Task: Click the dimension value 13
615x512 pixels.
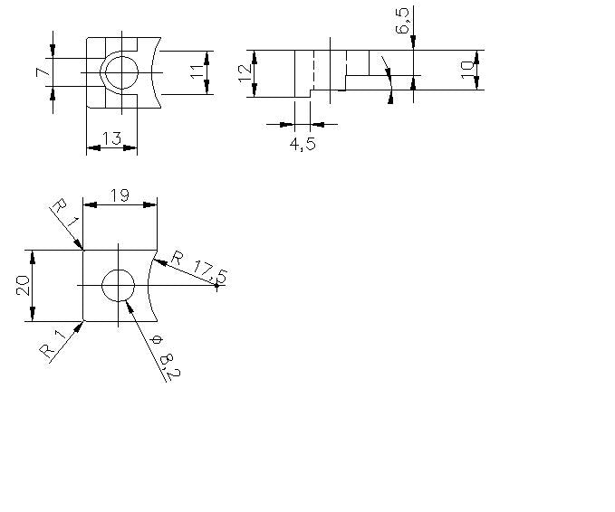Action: pyautogui.click(x=111, y=138)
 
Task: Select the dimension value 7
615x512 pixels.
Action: pyautogui.click(x=43, y=72)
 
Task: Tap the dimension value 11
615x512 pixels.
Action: pyautogui.click(x=197, y=71)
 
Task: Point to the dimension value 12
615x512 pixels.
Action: pyautogui.click(x=245, y=73)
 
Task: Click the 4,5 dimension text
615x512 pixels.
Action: pyautogui.click(x=303, y=144)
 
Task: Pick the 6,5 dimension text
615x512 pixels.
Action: pyautogui.click(x=403, y=21)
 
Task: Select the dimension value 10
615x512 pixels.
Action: pyautogui.click(x=467, y=70)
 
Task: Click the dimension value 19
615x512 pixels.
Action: pyautogui.click(x=120, y=195)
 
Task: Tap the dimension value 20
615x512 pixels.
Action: pyautogui.click(x=24, y=285)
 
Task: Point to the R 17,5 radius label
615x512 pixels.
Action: pyautogui.click(x=199, y=268)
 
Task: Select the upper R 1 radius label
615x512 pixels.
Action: pyautogui.click(x=65, y=213)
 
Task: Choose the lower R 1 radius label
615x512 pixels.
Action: pyautogui.click(x=53, y=344)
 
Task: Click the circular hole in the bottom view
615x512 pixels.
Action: pyautogui.click(x=118, y=285)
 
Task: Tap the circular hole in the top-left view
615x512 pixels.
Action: pyautogui.click(x=122, y=72)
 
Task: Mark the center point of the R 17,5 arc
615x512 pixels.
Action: pyautogui.click(x=216, y=286)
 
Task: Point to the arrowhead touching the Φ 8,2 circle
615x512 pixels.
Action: pyautogui.click(x=130, y=307)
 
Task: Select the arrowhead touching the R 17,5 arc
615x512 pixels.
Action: pyautogui.click(x=159, y=261)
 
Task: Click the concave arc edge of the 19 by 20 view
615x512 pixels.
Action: pyautogui.click(x=148, y=285)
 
